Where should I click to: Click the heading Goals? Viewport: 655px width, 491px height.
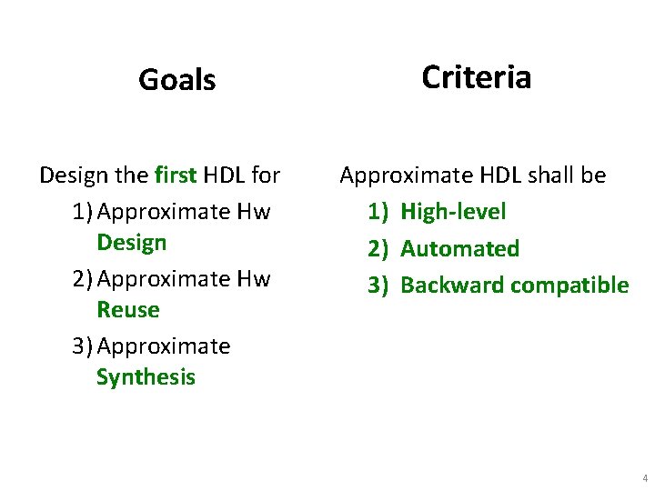(176, 80)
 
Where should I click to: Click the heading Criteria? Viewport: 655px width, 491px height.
(476, 77)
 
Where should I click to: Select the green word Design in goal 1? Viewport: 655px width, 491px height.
(131, 243)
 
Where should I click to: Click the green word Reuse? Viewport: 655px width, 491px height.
(127, 310)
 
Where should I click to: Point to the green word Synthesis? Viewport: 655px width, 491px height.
(146, 377)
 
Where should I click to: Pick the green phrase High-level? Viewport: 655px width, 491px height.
(453, 212)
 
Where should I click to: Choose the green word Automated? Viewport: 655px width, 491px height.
(459, 248)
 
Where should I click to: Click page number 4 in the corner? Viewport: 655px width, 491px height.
(644, 478)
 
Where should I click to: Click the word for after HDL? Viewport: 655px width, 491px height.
(266, 175)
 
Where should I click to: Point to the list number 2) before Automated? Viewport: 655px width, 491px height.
(378, 248)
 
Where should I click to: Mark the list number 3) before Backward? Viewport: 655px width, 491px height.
(378, 285)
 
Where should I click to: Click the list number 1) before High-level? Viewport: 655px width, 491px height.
(378, 212)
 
